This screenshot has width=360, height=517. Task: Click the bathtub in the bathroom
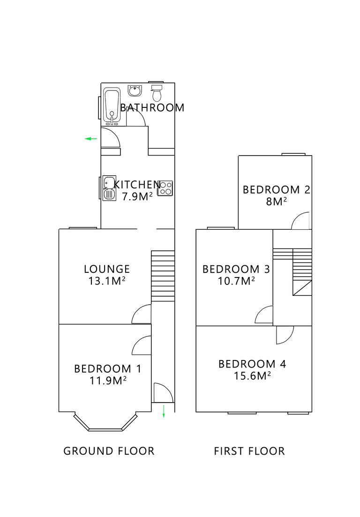pyautogui.click(x=112, y=105)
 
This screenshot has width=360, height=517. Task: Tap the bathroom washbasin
pyautogui.click(x=135, y=90)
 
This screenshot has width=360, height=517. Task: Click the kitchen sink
pyautogui.click(x=109, y=188)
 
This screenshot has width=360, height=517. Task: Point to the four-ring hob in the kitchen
pyautogui.click(x=165, y=188)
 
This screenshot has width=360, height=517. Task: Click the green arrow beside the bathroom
pyautogui.click(x=91, y=139)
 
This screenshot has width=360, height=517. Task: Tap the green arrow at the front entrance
pyautogui.click(x=164, y=411)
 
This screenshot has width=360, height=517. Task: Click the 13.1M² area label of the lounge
pyautogui.click(x=106, y=281)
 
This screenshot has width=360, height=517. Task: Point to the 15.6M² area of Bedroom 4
pyautogui.click(x=253, y=376)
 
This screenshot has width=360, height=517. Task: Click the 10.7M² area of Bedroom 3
pyautogui.click(x=236, y=281)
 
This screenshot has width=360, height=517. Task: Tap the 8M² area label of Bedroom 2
pyautogui.click(x=277, y=202)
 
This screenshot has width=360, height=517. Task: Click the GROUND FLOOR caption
pyautogui.click(x=109, y=451)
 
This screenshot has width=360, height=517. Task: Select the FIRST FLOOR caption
pyautogui.click(x=249, y=451)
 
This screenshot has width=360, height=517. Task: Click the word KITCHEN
pyautogui.click(x=138, y=185)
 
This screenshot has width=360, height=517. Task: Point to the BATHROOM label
pyautogui.click(x=152, y=107)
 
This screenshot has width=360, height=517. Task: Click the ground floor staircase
pyautogui.click(x=163, y=276)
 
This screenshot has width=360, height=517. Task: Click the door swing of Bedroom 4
pyautogui.click(x=284, y=335)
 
